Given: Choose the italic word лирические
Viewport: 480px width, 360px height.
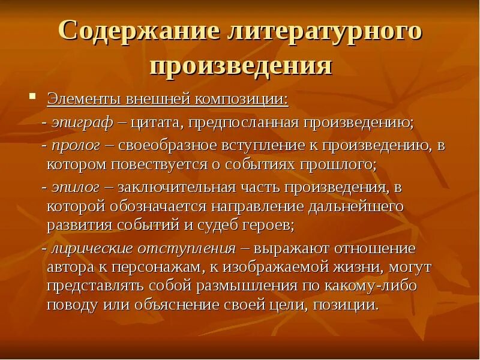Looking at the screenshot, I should [x=89, y=248].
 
